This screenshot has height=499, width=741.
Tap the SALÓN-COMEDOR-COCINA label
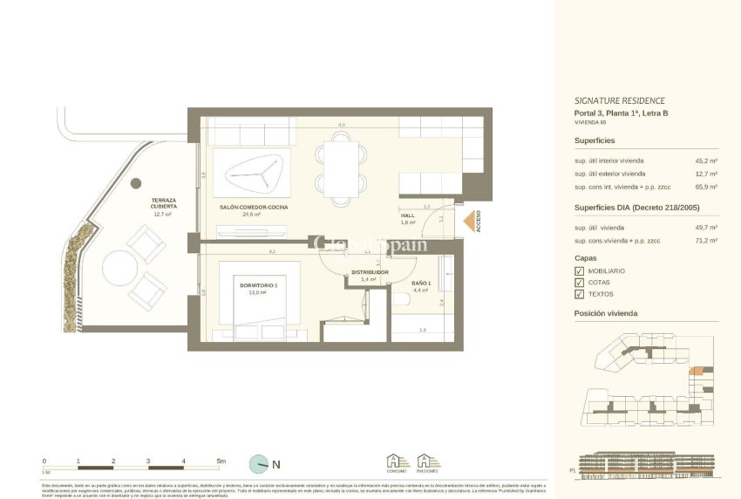pos(254,207)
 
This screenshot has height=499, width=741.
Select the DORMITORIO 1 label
pos(258,285)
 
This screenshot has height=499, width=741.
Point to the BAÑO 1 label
pos(421,284)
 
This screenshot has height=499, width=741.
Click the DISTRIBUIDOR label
pos(370,272)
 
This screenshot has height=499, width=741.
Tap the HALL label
pos(408,215)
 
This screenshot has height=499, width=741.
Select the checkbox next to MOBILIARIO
pos(579,271)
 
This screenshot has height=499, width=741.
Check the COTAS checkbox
pos(579,283)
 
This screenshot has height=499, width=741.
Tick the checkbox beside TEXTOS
pos(579,294)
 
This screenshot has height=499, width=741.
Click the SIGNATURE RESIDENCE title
pos(619,100)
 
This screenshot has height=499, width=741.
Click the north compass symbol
pos(259,464)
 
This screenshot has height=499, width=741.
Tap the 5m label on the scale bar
pos(221,461)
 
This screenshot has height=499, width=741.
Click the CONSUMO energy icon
pos(398,462)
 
